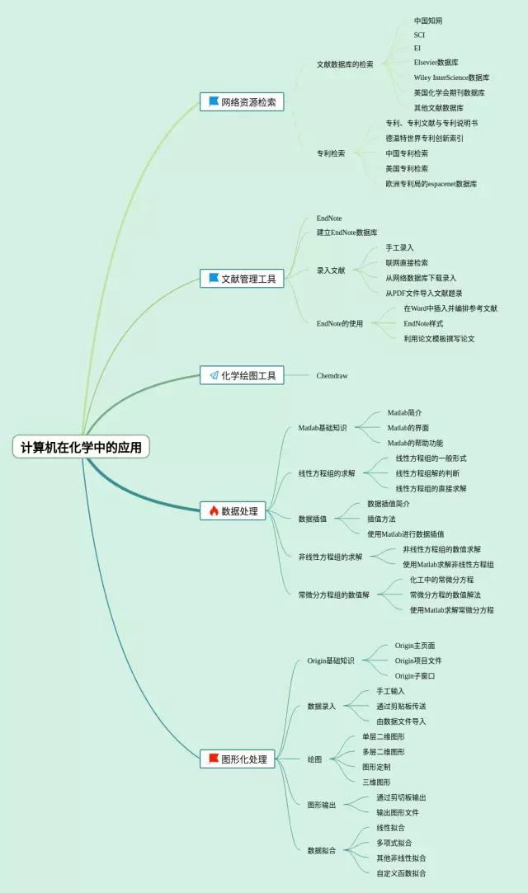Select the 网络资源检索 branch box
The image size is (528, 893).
pos(242,102)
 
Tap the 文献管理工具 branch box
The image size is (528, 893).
pos(242,279)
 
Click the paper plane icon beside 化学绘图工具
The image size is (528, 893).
pos(214,375)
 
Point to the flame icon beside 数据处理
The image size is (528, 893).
pos(214,511)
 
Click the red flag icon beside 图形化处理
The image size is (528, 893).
pos(214,759)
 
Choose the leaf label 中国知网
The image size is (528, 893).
pos(427,21)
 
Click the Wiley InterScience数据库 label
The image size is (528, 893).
pos(450,78)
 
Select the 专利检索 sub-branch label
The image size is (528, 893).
pos(331,153)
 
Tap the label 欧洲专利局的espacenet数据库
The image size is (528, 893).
pos(431,184)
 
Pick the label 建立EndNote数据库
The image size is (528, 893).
pos(346,233)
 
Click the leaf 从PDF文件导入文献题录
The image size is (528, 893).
pos(423,293)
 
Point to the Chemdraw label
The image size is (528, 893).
pos(332,376)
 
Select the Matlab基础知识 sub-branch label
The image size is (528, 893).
pos(322,428)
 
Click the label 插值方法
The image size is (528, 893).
pos(381,519)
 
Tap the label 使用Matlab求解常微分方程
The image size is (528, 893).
pos(451,610)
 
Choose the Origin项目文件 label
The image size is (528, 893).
pos(417,660)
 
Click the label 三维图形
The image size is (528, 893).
pos(376,782)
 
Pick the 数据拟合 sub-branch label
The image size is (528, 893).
pos(321,850)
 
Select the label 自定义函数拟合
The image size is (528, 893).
pos(401,873)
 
